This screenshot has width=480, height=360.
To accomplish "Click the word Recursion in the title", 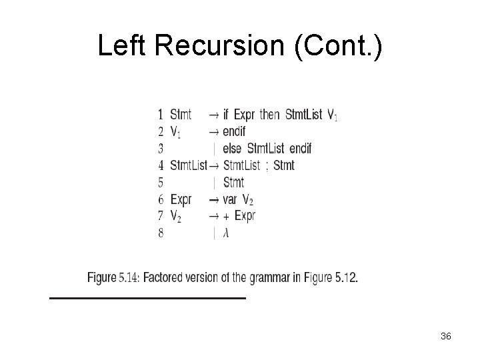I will click(227, 45).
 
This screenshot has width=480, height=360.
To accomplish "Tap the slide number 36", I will click(446, 337).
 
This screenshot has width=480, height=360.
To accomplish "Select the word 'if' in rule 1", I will click(227, 114).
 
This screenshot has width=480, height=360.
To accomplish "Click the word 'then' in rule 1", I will click(269, 114).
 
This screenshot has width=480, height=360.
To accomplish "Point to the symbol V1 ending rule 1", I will click(332, 115).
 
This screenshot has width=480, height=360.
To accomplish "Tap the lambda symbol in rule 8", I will click(227, 233).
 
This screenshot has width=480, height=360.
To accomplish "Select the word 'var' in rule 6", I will click(231, 199).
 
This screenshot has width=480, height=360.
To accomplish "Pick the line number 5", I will click(161, 182).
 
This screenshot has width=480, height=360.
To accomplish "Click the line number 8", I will click(161, 233).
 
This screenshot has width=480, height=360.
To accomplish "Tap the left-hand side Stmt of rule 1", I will click(181, 114).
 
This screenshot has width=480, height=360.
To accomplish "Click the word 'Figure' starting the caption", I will click(101, 277).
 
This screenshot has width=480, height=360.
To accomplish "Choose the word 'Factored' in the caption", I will click(165, 277).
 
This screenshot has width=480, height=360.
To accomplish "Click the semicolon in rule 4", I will click(267, 166).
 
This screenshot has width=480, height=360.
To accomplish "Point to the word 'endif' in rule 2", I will click(235, 131).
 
